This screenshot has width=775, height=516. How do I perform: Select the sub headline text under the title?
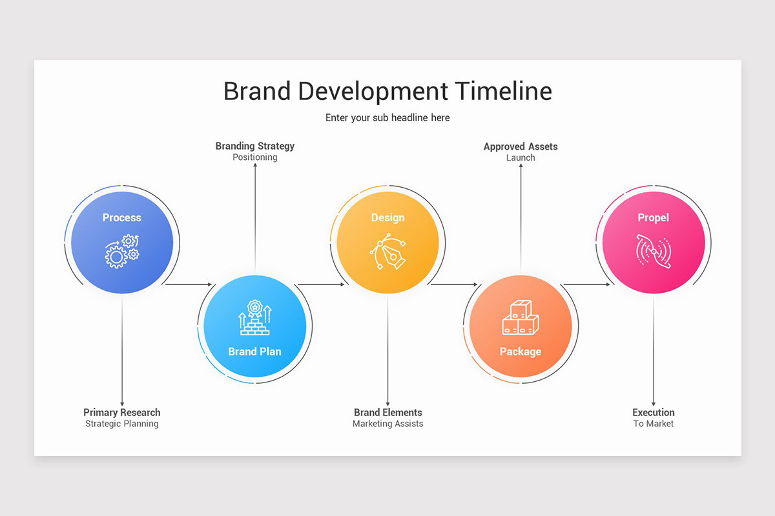click(x=387, y=117)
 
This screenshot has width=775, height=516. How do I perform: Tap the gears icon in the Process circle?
click(x=122, y=252)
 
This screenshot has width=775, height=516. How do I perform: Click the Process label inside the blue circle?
click(x=122, y=217)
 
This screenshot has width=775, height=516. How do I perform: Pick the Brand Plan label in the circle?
click(x=254, y=352)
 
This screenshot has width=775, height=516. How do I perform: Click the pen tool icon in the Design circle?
click(x=387, y=252)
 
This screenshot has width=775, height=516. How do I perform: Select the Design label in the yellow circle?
click(x=387, y=217)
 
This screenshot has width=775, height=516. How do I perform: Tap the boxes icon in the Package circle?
click(x=521, y=319)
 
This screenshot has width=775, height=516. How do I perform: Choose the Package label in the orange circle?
click(x=521, y=352)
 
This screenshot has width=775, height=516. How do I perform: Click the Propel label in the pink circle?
click(x=653, y=217)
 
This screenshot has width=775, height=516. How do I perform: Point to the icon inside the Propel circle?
click(x=653, y=251)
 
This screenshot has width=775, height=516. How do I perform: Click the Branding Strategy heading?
click(x=254, y=146)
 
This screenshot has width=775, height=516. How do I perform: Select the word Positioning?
click(x=254, y=157)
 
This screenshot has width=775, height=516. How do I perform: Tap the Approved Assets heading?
click(x=521, y=146)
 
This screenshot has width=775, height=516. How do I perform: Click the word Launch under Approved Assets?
click(x=521, y=157)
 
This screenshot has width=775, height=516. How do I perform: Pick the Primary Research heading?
click(x=122, y=412)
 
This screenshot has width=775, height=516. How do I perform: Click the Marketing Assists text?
click(x=387, y=424)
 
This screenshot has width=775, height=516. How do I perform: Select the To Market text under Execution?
click(x=653, y=424)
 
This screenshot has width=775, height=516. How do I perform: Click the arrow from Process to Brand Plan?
click(x=189, y=284)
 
